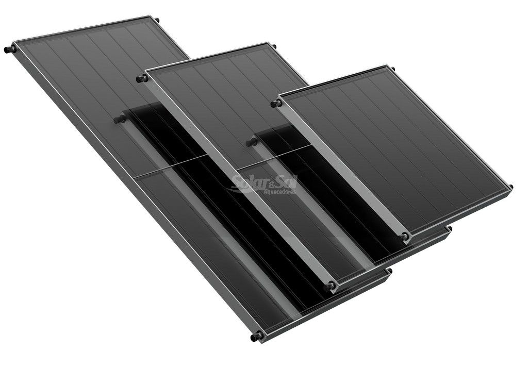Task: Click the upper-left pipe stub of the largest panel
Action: point(9,50)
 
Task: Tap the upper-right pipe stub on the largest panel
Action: point(157,20)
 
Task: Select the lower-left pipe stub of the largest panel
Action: point(255,338)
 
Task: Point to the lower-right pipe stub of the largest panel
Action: point(389,271)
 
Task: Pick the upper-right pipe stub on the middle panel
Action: point(274,47)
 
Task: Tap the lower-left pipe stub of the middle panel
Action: point(331,285)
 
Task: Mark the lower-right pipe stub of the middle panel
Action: point(450,228)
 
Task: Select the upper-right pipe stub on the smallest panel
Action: point(392,69)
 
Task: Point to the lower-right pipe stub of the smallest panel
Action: point(510,187)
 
